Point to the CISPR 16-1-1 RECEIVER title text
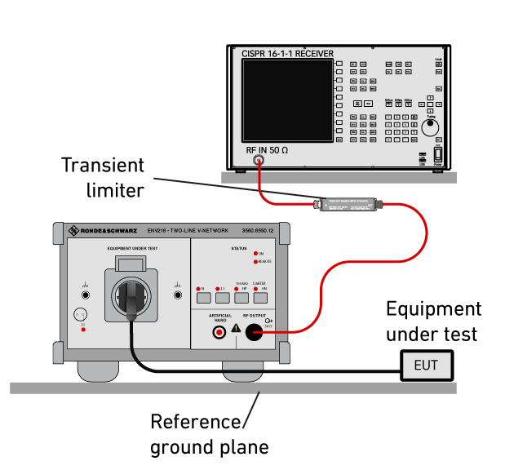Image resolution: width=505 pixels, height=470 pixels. coord(287,54)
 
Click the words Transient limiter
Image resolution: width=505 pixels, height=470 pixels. coord(103,177)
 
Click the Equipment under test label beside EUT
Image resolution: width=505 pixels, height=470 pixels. coord(432,321)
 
